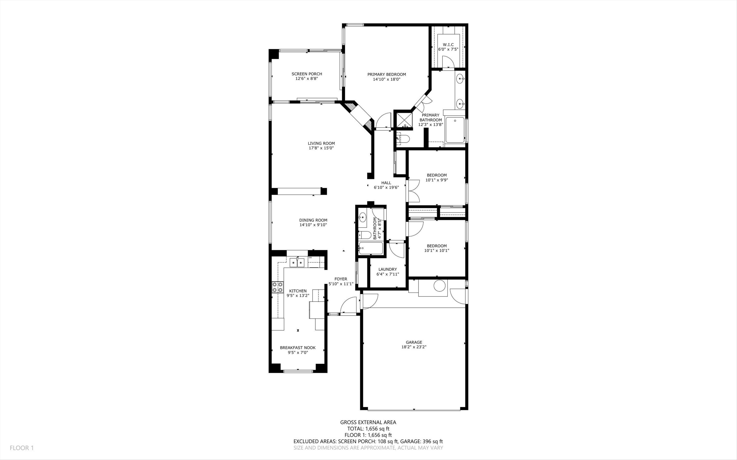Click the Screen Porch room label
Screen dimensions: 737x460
[307, 74]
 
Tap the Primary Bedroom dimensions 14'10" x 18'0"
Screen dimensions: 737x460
[387, 79]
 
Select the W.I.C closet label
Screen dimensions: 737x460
[448, 45]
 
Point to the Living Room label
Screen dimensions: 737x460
[321, 143]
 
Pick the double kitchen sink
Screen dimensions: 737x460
[84, 262]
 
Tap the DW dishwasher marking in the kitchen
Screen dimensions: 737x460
[310, 258]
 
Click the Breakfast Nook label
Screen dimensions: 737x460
[298, 348]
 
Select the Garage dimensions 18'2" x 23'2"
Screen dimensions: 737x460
[414, 347]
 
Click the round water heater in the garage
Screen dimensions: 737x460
[439, 286]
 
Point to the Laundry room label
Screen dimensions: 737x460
[387, 269]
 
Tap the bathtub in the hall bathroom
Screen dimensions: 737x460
[371, 248]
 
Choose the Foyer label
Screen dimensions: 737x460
[341, 279]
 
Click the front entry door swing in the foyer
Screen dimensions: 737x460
[348, 305]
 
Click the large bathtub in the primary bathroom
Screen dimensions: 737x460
[455, 130]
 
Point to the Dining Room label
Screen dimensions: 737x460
[313, 220]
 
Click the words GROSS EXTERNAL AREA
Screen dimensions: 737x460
[368, 422]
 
